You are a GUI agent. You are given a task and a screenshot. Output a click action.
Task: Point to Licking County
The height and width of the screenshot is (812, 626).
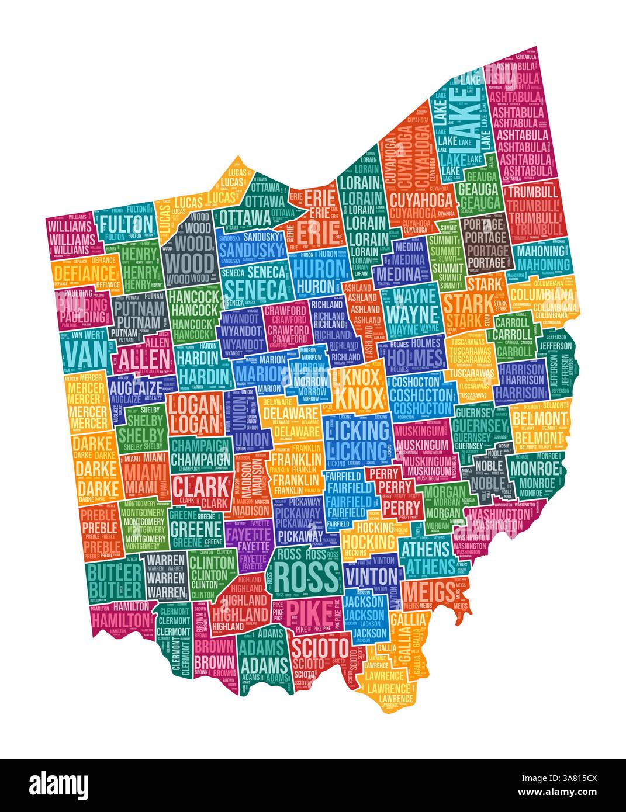(x=357, y=441)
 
